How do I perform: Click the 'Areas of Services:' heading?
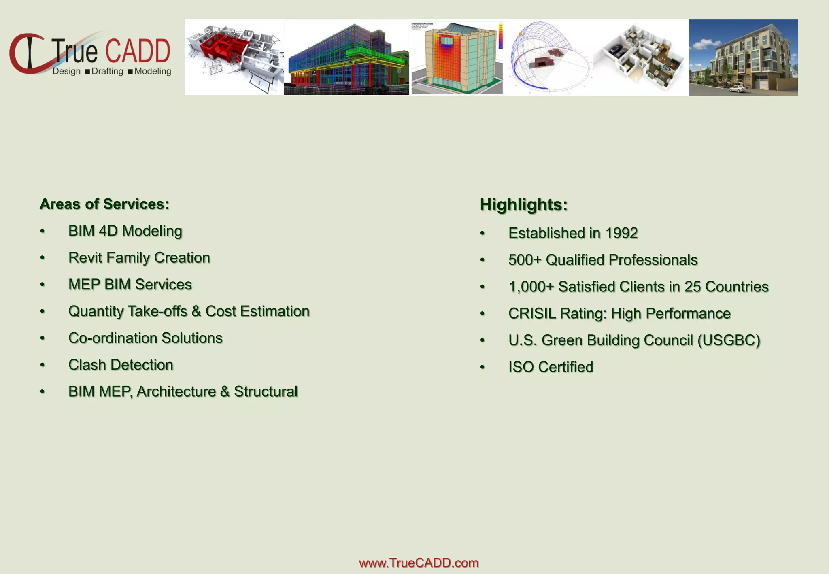coord(104,204)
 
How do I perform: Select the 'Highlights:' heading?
coord(523,205)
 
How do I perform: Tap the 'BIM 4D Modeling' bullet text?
coord(125,231)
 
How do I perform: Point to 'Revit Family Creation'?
coord(139,258)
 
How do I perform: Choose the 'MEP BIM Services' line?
coord(130,285)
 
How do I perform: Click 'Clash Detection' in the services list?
coord(121,365)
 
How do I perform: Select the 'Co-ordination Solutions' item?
coord(145,338)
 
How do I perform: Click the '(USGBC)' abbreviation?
coord(729,340)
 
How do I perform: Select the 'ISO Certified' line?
coord(551,367)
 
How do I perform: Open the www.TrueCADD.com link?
coord(419,563)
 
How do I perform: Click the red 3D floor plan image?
coord(234,57)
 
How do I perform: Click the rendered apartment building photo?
coord(743,57)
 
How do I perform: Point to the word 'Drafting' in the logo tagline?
coord(107,72)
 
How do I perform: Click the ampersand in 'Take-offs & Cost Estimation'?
coord(196,312)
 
